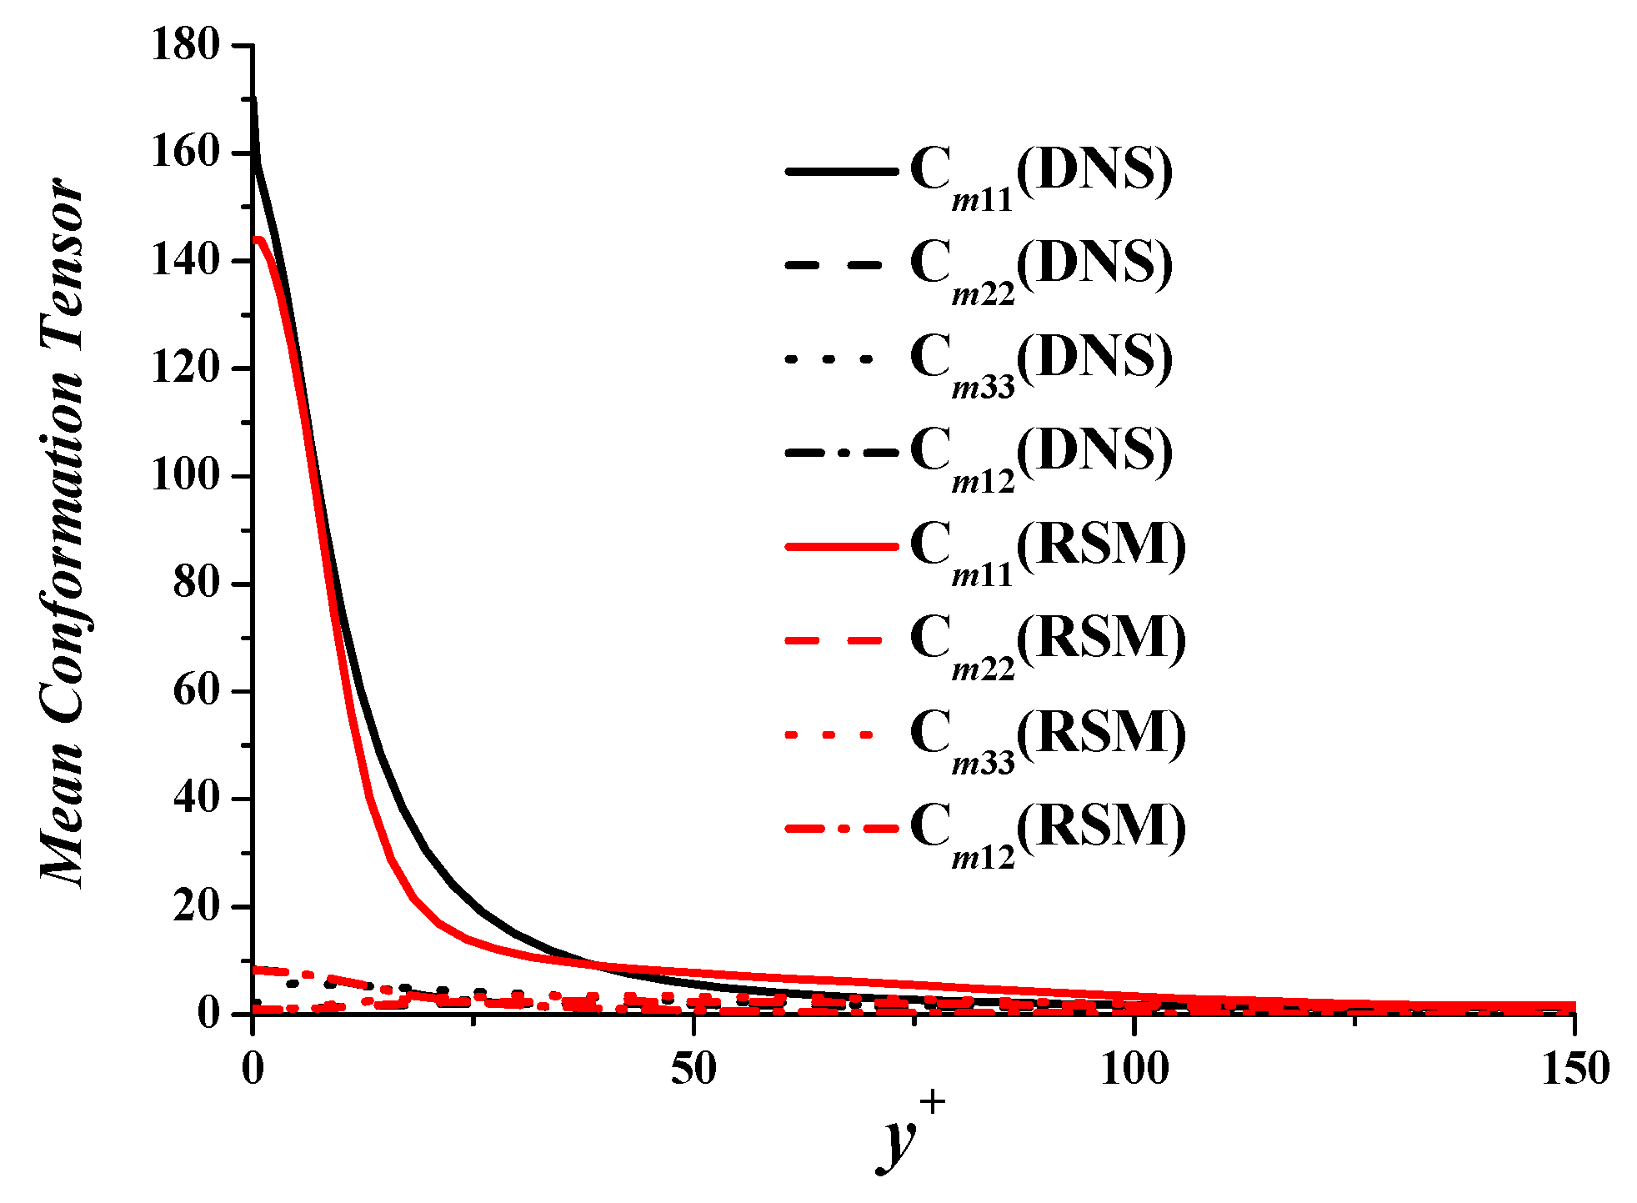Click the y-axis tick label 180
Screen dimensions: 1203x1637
[x=185, y=44]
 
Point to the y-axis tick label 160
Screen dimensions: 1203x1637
[x=185, y=153]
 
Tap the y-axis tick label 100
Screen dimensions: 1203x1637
[x=185, y=475]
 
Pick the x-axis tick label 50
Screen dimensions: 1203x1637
[x=693, y=1070]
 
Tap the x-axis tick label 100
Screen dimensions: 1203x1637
[x=1134, y=1070]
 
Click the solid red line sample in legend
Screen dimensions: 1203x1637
[x=842, y=547]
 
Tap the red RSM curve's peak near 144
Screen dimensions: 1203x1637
[x=259, y=240]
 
